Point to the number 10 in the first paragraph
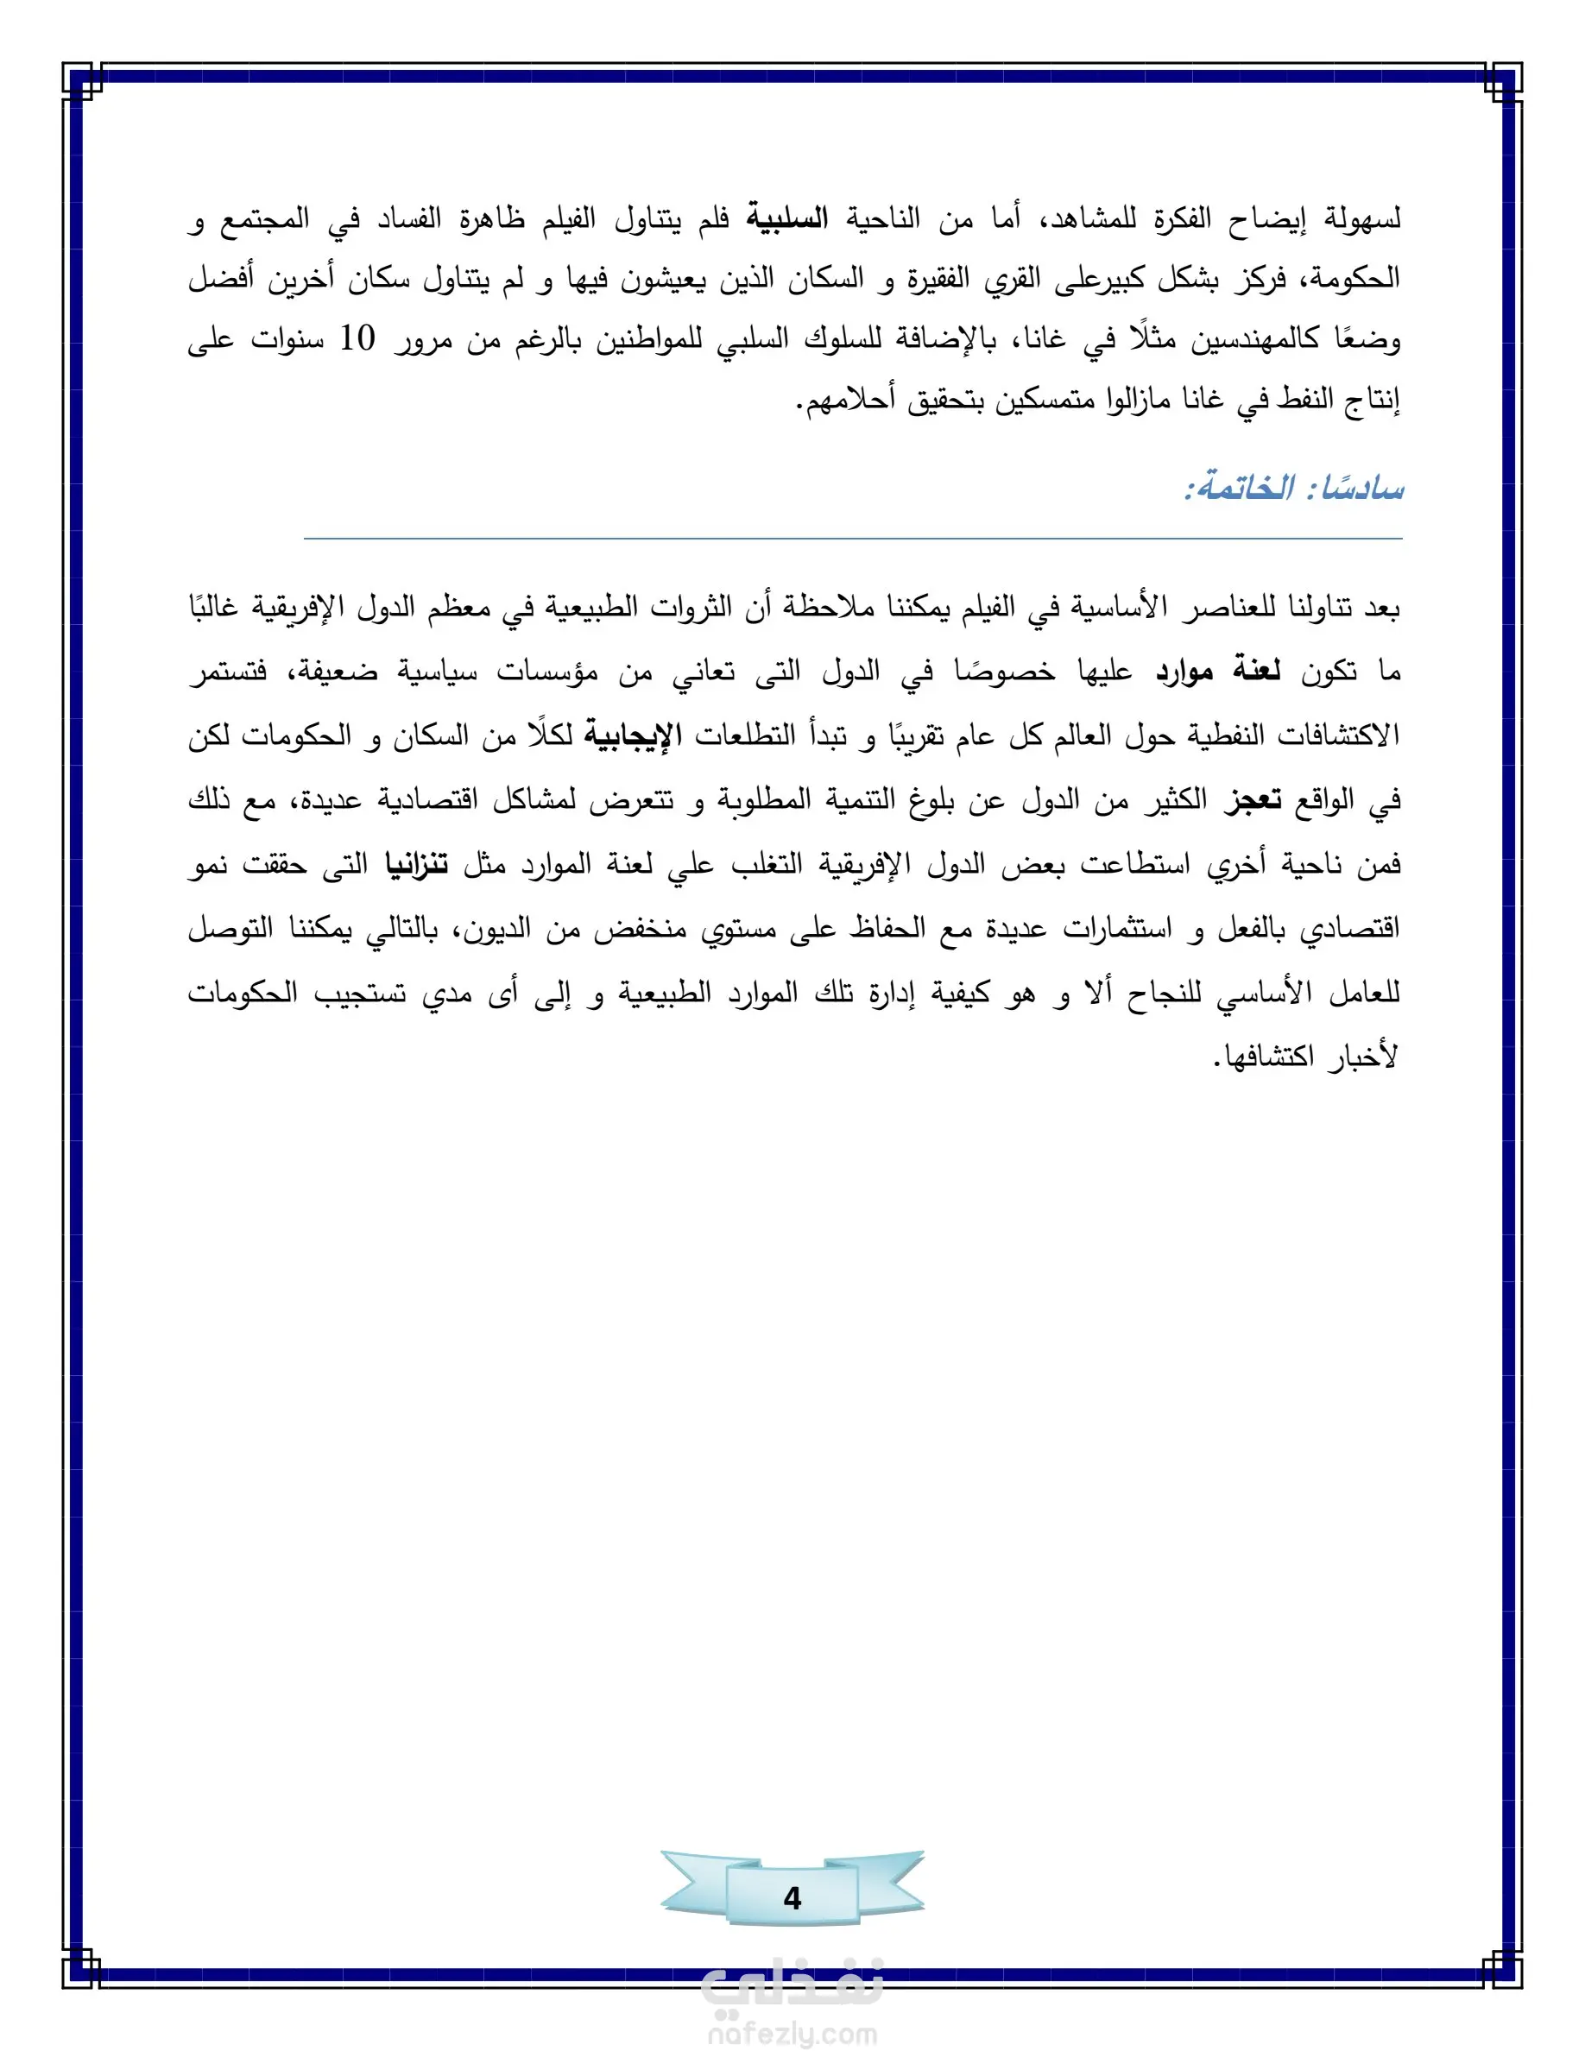pos(357,339)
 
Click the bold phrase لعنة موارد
pos(1218,672)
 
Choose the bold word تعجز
pos(1253,799)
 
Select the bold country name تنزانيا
pos(417,864)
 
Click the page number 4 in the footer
pos(792,1898)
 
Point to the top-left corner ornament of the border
pos(83,82)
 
